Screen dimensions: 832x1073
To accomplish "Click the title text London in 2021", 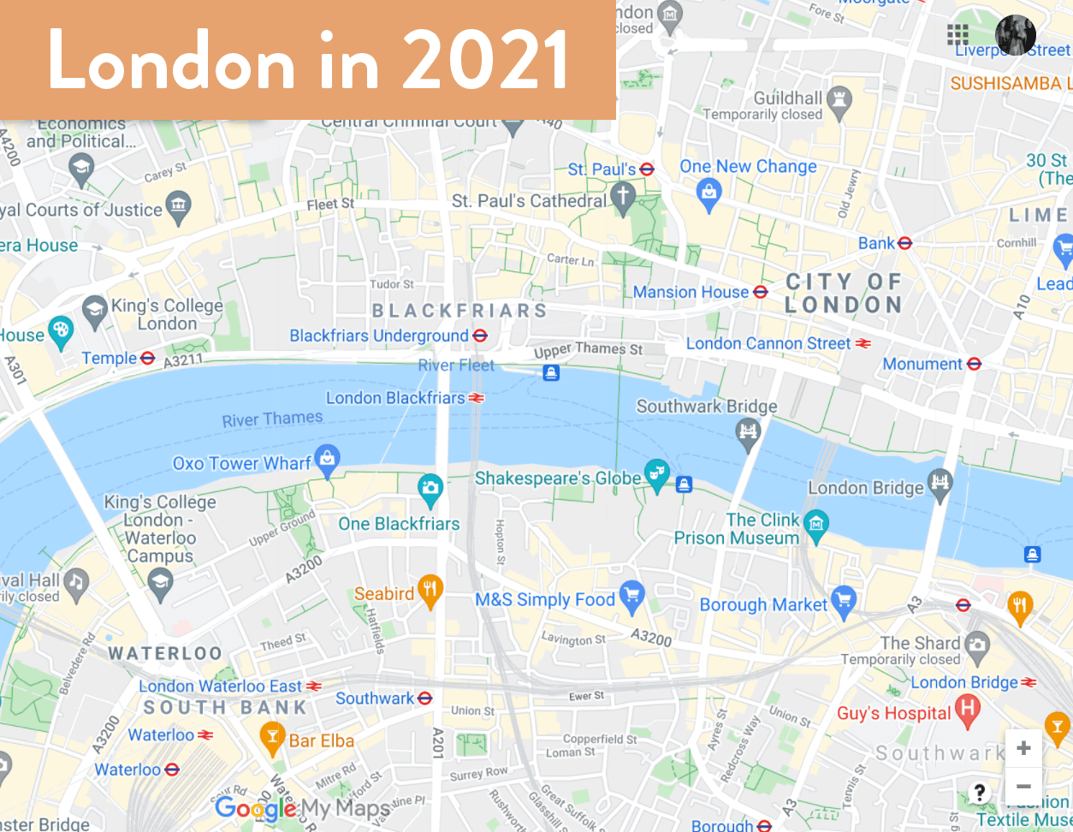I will (x=308, y=60).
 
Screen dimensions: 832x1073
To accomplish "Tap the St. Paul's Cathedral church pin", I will (x=622, y=197).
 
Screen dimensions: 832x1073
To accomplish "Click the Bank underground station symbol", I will (x=905, y=244).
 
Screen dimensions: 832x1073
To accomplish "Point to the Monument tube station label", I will (x=922, y=365).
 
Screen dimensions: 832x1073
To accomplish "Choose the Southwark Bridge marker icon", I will (x=748, y=432).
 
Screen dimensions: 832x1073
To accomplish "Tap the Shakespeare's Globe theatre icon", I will (x=656, y=473).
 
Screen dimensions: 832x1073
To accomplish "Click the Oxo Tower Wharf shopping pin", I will (x=327, y=460).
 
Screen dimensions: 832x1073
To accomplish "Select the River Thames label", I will (x=272, y=419).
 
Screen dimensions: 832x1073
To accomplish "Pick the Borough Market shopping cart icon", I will (x=844, y=601).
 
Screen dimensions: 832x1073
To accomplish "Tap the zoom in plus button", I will (x=1023, y=748).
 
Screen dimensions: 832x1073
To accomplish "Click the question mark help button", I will (x=980, y=792).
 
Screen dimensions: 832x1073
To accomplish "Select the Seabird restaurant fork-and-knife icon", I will (x=430, y=590).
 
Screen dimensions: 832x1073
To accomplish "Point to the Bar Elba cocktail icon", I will (x=272, y=737).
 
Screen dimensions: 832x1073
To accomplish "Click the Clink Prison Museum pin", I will (x=816, y=524).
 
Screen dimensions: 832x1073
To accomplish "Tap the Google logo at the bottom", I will (x=255, y=808).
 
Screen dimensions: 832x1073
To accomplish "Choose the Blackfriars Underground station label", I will (x=378, y=336).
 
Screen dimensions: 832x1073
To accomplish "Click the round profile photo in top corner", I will (x=1016, y=35).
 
